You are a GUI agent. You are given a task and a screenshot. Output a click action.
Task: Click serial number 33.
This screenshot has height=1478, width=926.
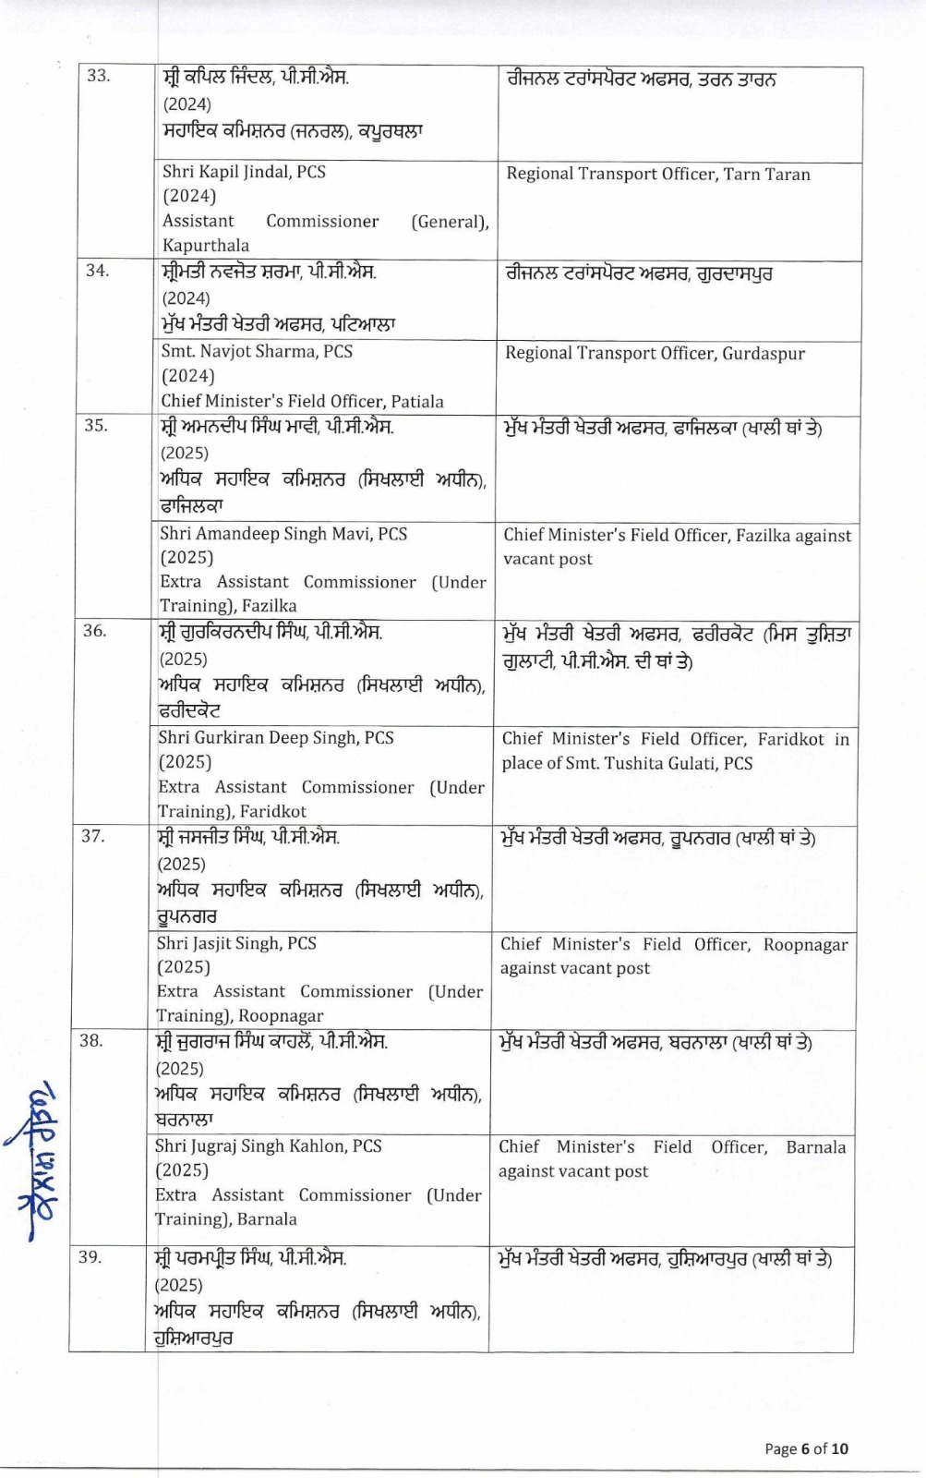click(98, 76)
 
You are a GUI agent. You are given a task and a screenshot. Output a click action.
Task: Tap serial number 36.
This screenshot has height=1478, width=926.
click(94, 631)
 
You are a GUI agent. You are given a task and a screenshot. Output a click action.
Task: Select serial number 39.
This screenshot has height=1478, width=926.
click(90, 1256)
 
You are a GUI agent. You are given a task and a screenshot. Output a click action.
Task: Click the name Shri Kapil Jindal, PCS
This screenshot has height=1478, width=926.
click(244, 172)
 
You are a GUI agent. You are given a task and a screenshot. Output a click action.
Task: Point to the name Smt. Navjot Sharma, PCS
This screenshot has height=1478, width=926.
click(257, 351)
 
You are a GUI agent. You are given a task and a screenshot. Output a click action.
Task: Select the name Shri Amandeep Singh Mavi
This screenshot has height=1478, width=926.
click(283, 534)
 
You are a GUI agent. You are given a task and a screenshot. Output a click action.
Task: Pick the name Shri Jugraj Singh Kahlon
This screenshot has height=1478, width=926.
click(268, 1146)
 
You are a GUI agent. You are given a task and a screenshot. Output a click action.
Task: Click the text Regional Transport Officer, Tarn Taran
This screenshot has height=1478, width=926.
click(657, 175)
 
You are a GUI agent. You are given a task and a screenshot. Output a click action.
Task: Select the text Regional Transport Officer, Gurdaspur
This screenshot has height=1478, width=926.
click(655, 354)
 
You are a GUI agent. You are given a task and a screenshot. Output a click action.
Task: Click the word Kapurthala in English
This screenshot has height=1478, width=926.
click(206, 246)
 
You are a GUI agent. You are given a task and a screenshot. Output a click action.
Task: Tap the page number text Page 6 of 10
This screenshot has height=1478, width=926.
click(805, 1448)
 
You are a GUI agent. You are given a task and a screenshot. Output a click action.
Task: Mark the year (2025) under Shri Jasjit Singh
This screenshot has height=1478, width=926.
click(183, 967)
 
